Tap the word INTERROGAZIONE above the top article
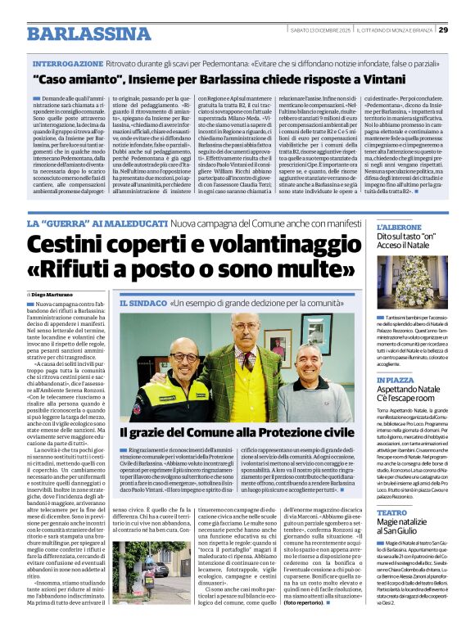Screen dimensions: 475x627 [68, 63]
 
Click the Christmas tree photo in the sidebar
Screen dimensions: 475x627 [412, 283]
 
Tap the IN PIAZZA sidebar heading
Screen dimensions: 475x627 [396, 381]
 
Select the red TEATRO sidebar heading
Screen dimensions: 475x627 [391, 513]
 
